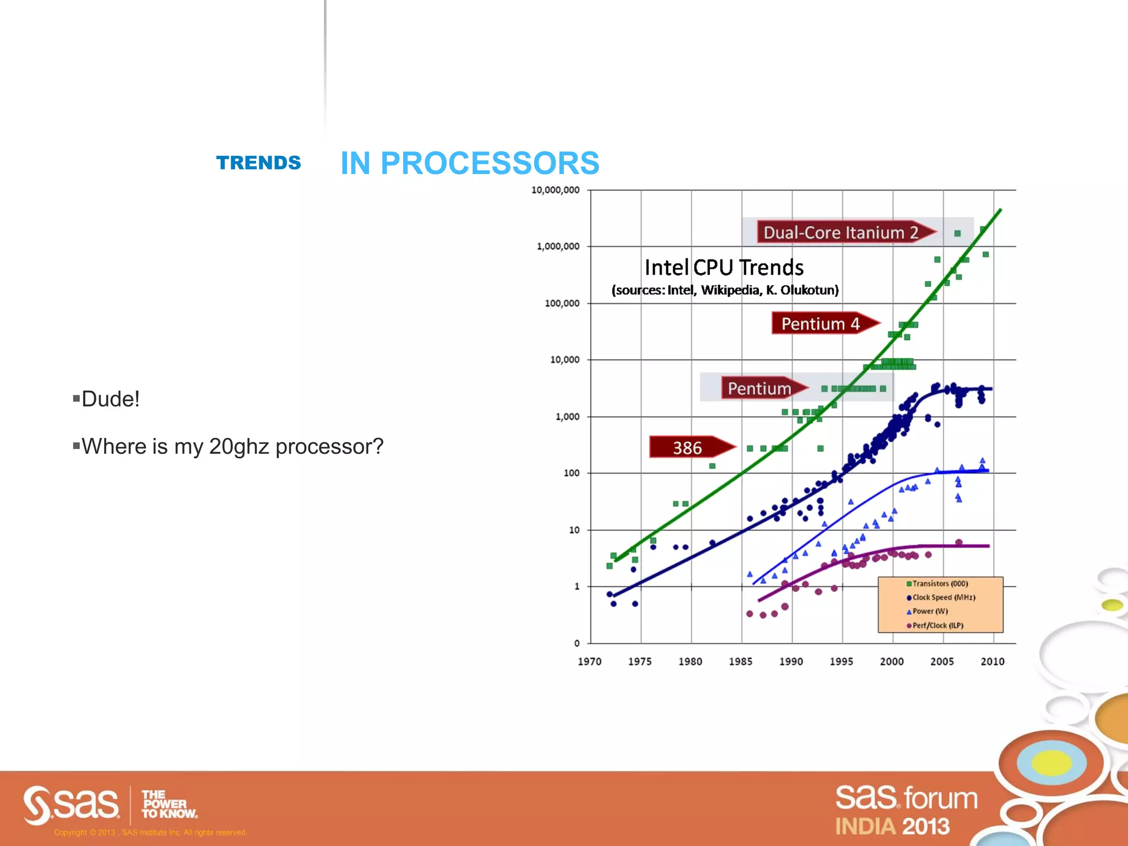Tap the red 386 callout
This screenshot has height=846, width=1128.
pos(688,447)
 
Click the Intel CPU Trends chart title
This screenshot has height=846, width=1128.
pos(724,268)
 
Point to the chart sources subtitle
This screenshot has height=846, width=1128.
pos(725,290)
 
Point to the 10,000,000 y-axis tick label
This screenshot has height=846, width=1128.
pos(555,190)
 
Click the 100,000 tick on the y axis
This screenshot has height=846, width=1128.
pos(562,303)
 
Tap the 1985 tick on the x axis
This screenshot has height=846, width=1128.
pos(740,661)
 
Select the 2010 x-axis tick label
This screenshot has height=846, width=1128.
pos(992,661)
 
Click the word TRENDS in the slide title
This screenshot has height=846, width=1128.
pos(258,163)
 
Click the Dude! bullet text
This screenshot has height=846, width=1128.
pos(110,399)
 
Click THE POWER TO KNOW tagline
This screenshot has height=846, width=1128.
pos(168,804)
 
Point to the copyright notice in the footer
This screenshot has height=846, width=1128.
pos(150,832)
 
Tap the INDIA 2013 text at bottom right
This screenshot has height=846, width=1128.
pos(892,826)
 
